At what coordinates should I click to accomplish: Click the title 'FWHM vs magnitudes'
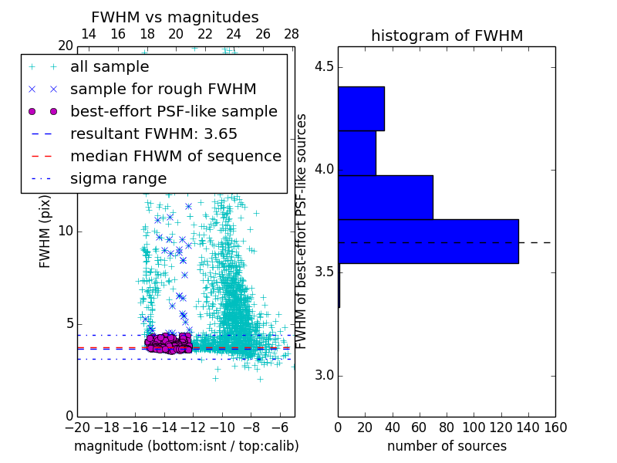tap(175, 17)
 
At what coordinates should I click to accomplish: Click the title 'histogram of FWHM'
tap(447, 35)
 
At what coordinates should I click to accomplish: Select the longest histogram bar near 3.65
tap(428, 242)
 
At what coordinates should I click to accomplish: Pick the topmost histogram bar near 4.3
tap(361, 109)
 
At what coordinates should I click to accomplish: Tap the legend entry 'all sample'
tap(110, 67)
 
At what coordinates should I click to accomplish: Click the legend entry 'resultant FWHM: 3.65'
tap(153, 133)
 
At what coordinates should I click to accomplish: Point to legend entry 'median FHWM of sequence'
tap(175, 156)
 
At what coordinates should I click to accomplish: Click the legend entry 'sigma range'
tap(118, 178)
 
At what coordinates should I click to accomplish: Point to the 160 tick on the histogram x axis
tap(555, 427)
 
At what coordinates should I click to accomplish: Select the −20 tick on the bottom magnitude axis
tap(77, 427)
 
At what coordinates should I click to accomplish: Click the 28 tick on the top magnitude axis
tap(292, 34)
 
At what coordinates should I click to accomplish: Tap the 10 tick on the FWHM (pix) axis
tap(66, 231)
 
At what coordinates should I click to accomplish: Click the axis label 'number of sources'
tap(447, 446)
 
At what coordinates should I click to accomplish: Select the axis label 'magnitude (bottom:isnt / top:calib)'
tap(186, 446)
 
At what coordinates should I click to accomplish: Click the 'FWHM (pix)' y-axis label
tap(46, 232)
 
